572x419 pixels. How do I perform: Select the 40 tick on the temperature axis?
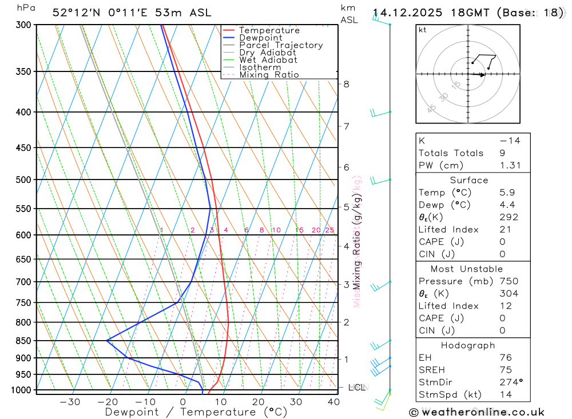click(333, 402)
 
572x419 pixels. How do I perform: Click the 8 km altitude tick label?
click(346, 84)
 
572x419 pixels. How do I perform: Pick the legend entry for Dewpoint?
click(261, 38)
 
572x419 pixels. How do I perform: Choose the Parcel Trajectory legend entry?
click(281, 45)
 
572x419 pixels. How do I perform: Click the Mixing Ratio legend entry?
click(269, 75)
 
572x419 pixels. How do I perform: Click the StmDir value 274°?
click(509, 382)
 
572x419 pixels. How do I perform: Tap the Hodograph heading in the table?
click(468, 345)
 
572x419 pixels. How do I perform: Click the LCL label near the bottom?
click(356, 388)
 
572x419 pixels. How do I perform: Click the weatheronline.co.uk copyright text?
click(476, 412)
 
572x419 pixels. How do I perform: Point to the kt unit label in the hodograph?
click(422, 30)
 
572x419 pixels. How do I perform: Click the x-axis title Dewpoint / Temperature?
click(196, 412)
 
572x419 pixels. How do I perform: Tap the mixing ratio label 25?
click(329, 230)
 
